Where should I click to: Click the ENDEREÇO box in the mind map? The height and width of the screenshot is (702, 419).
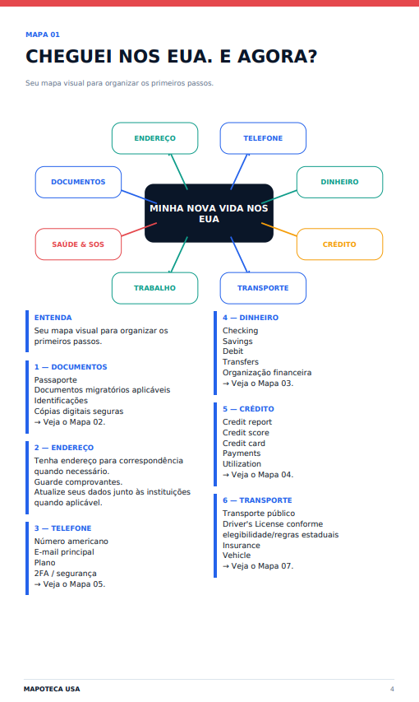coord(154,138)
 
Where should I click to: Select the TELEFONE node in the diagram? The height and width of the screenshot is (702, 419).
coord(263,138)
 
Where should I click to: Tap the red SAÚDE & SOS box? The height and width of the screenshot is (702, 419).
coord(78,244)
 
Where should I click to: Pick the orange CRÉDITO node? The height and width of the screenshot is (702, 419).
coord(339,244)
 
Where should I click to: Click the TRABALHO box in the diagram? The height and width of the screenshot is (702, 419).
coord(154,288)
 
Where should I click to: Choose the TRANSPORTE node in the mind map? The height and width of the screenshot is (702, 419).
coord(263,288)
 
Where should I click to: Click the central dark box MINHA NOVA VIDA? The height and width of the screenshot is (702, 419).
coord(209,213)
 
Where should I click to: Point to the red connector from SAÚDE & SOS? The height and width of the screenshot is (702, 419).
coord(139,230)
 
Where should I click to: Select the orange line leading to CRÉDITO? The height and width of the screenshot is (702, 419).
coord(279,230)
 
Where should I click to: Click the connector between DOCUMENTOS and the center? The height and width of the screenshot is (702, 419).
coord(139,197)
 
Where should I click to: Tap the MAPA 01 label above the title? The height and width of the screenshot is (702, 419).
coord(43,35)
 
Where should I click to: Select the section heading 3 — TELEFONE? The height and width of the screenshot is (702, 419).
coord(62,528)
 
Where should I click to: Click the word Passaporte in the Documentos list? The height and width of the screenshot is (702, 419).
coord(55,379)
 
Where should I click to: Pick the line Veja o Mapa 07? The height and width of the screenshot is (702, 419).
coord(258,566)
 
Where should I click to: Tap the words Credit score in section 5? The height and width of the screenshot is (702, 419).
coord(246,433)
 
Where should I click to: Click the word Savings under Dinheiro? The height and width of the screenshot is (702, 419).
coord(237,342)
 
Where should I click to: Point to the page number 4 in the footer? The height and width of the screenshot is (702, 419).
coord(392,689)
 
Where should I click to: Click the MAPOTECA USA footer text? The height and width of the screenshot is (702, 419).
coord(52,689)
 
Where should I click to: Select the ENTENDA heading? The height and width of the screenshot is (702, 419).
coord(53,318)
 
